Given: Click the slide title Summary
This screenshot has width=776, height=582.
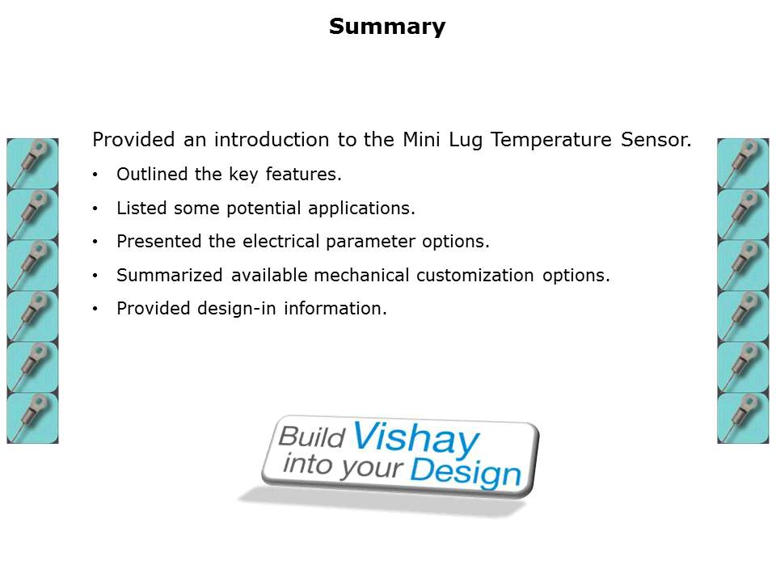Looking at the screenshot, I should (387, 27).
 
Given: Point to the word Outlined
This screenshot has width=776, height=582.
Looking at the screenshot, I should (150, 175).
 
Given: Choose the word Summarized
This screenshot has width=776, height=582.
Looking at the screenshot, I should (169, 275).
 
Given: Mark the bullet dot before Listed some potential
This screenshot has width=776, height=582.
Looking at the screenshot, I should (96, 209).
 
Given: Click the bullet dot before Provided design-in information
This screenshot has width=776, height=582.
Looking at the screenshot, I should (96, 309).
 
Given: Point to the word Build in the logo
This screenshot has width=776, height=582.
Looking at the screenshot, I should (312, 437).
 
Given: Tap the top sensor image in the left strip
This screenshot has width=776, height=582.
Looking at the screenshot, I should (32, 163).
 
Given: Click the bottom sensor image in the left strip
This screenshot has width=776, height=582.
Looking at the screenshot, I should (32, 418).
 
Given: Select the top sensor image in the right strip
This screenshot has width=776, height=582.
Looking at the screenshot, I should (743, 163).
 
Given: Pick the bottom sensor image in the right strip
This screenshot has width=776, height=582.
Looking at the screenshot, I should (743, 418).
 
